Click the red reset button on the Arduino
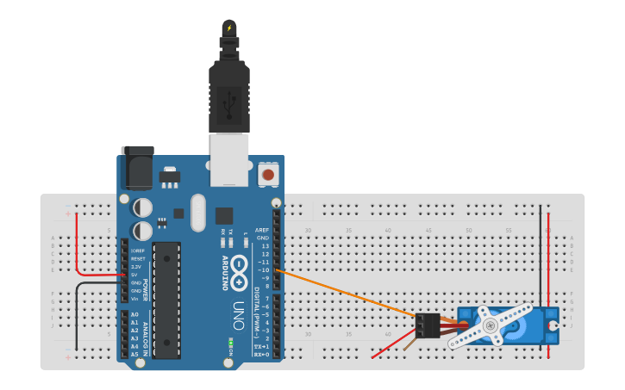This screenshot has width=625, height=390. click(268, 175)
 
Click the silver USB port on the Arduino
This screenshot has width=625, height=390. click(228, 159)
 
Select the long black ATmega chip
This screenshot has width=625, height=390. click(166, 300)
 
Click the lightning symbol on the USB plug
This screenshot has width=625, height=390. click(228, 28)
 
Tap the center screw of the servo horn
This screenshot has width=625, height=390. click(491, 325)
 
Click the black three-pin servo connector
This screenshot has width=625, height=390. click(427, 325)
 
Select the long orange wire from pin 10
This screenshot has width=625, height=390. click(345, 294)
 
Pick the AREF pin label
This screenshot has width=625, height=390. click(262, 230)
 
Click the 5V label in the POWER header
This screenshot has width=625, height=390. click(135, 275)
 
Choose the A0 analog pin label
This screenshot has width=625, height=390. click(134, 315)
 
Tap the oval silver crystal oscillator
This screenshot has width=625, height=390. click(198, 213)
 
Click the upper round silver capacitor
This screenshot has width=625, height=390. click(143, 207)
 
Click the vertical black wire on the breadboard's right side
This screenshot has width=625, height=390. click(541, 258)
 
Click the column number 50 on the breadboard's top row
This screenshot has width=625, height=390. click(468, 231)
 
